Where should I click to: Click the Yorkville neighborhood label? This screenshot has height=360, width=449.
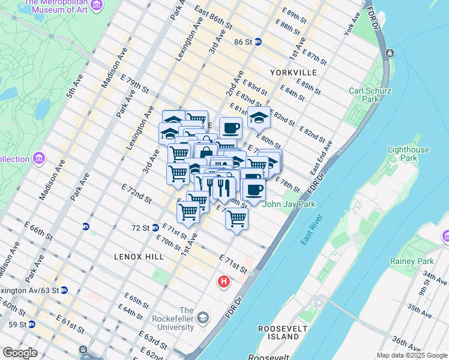293,72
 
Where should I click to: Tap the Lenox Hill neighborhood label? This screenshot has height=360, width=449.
139,256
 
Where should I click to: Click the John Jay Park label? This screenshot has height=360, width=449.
289,204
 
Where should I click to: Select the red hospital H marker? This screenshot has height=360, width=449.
224,281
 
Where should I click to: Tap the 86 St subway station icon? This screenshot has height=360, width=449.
258,42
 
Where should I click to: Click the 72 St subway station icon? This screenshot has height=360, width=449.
155,227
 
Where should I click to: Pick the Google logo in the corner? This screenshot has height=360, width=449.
20,353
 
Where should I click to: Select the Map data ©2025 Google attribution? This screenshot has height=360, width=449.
411,355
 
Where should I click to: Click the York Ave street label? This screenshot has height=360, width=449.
351,24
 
